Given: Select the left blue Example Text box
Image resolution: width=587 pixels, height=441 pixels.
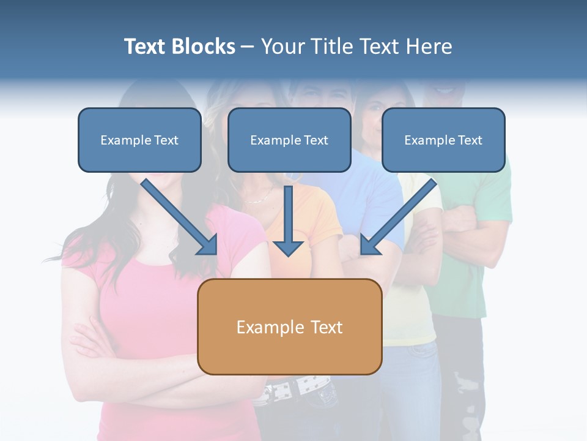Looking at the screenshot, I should pyautogui.click(x=139, y=140).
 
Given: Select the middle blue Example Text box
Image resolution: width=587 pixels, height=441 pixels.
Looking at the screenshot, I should pyautogui.click(x=289, y=140).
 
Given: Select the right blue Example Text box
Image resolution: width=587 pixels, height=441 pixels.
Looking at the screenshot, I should pyautogui.click(x=443, y=140).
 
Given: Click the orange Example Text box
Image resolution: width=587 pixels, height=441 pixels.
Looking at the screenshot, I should pyautogui.click(x=289, y=326).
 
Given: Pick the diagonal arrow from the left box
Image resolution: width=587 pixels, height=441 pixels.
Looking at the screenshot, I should pyautogui.click(x=177, y=214).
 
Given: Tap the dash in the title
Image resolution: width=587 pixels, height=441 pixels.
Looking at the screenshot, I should pyautogui.click(x=248, y=47).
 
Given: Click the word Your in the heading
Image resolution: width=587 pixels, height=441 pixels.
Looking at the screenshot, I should pyautogui.click(x=281, y=47).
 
